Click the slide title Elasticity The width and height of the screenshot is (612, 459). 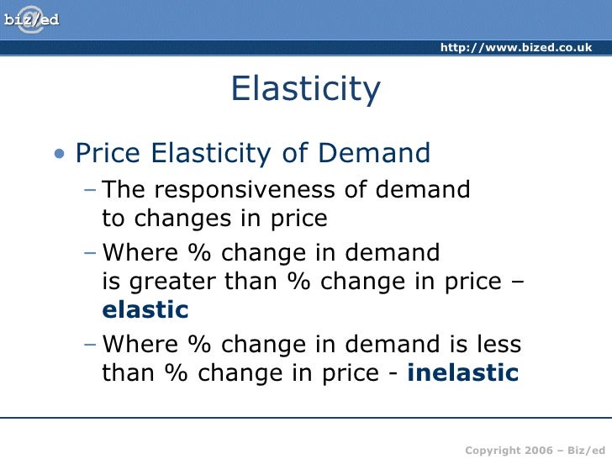tap(306, 89)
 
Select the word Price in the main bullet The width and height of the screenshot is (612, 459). tap(109, 154)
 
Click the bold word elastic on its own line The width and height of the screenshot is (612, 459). tap(145, 309)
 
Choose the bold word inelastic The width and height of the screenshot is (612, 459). tap(462, 372)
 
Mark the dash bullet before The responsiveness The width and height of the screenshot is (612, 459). tap(90, 191)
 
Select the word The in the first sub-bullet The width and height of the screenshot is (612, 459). tap(124, 190)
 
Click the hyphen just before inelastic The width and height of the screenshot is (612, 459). tap(395, 373)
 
